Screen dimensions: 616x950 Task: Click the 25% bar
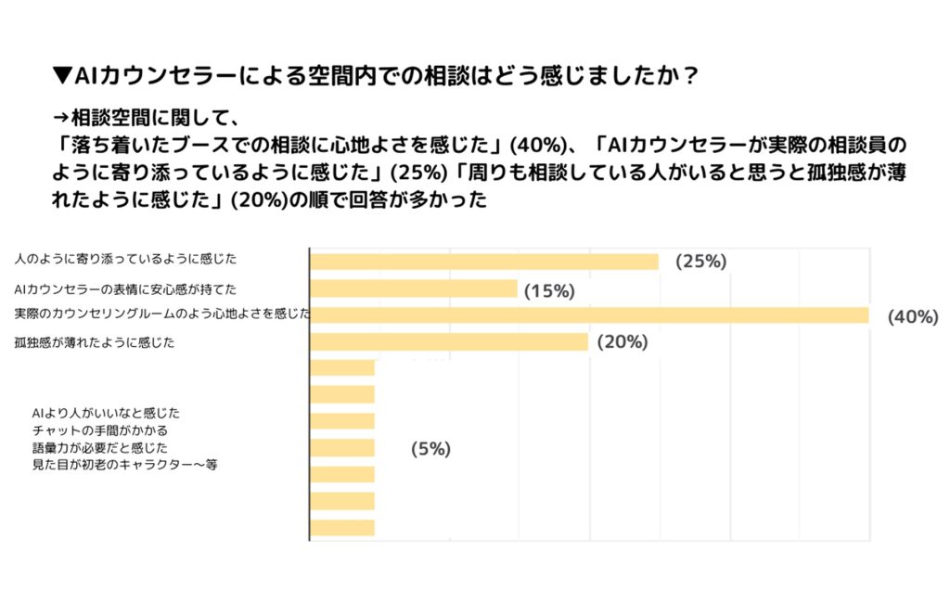tap(483, 262)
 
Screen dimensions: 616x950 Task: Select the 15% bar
tap(413, 289)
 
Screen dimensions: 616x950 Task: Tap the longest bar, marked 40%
tap(588, 315)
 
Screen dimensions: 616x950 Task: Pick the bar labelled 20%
tap(448, 342)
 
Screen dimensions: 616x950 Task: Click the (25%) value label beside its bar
tap(700, 262)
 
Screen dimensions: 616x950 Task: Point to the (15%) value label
tap(549, 291)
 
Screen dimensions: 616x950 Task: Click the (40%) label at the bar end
tap(913, 317)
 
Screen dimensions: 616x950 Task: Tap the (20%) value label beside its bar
tap(622, 342)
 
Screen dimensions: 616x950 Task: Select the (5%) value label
tap(430, 449)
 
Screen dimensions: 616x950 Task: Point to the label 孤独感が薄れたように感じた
tap(95, 342)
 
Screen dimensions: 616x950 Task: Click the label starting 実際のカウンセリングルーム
tap(161, 315)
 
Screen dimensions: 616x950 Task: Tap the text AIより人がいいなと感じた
tap(106, 412)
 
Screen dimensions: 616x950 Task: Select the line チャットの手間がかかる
tap(99, 430)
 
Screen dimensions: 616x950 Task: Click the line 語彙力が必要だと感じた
tap(99, 447)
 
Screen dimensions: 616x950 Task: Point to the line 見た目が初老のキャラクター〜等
tap(124, 465)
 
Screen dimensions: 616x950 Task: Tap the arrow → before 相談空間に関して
tap(61, 118)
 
